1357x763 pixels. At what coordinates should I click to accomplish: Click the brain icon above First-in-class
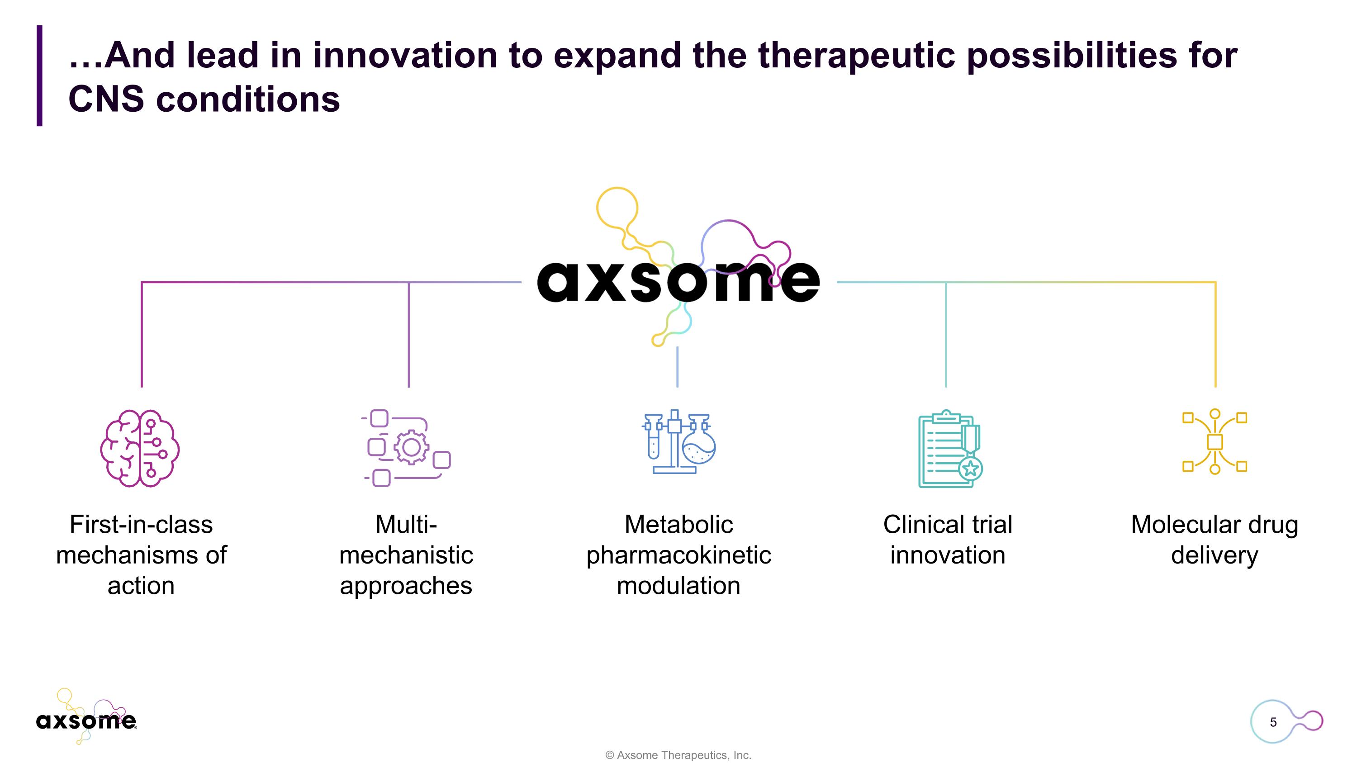[140, 448]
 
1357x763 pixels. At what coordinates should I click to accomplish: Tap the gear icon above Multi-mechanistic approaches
[411, 448]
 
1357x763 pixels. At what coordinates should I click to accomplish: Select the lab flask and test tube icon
[678, 442]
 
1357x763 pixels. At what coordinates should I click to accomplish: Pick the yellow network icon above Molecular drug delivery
[1215, 442]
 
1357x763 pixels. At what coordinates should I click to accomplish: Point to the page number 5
[1273, 722]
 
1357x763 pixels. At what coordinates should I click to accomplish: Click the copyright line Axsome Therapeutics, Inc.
[678, 755]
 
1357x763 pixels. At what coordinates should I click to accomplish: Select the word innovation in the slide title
[405, 55]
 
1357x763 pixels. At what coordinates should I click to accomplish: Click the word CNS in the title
[106, 99]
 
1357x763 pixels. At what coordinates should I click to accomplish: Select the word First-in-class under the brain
[141, 525]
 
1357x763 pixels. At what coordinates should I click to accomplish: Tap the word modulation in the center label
[678, 586]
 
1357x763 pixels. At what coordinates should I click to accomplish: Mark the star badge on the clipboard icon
[970, 468]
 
